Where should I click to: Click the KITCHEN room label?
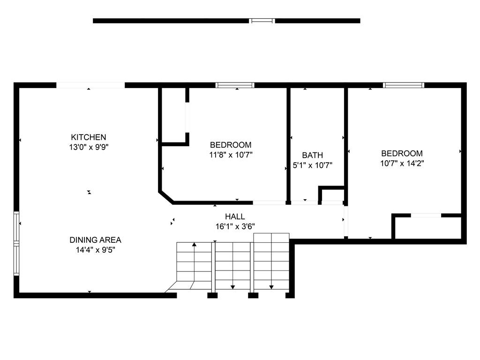coord(89,137)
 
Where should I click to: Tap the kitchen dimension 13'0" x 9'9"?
coord(89,147)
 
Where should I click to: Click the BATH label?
coord(312,155)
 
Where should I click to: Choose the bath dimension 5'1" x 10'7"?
coord(312,165)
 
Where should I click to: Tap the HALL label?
coord(235,217)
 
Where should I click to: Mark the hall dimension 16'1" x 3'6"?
coord(235,226)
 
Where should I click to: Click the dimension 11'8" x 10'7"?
coord(231,155)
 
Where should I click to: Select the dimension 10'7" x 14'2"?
coord(402,163)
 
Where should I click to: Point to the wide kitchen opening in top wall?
coord(90,85)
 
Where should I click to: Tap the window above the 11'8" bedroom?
coord(235,85)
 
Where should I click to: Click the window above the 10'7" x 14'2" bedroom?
coord(404,85)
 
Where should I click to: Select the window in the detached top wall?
coord(262,21)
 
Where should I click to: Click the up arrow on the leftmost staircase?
coord(194,245)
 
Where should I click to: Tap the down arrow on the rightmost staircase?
coord(271,286)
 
